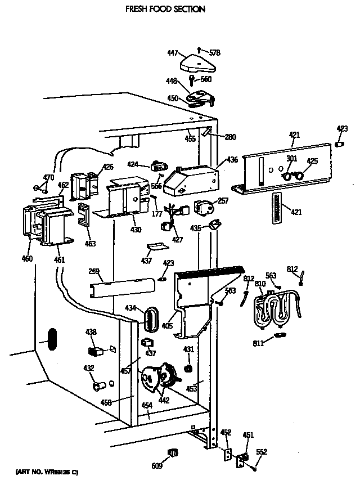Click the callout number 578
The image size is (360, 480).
214,53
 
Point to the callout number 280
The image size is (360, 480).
230,137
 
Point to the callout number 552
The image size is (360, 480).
262,452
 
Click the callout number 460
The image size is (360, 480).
28,259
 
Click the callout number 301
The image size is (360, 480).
291,158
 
